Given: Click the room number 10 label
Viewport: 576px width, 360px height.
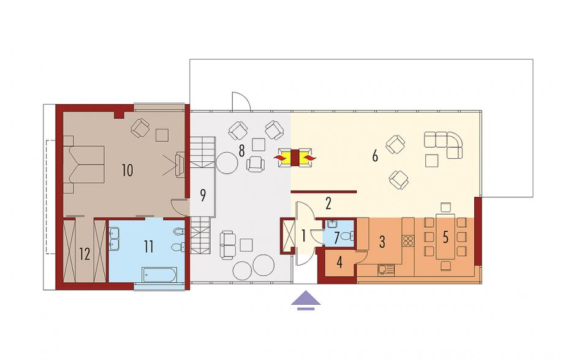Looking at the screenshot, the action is point(127,170).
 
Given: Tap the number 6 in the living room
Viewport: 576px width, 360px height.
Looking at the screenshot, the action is point(374,156).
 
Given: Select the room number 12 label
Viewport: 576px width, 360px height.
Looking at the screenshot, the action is point(85,254).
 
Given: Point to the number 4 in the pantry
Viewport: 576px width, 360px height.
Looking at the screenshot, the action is point(339,263).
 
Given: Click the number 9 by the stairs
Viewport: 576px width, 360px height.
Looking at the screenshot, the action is point(202,195).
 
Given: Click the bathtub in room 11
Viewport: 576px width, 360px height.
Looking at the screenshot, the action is point(159,274).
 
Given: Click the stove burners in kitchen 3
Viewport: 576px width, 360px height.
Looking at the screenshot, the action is point(407,240).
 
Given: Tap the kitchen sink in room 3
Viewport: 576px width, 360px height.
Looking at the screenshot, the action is point(385,270).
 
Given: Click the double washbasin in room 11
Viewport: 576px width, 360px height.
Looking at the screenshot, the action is point(113,239).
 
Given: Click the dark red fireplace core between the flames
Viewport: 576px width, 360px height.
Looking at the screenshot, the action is point(295,158).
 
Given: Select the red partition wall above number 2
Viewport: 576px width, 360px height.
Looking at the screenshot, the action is point(324,191).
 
